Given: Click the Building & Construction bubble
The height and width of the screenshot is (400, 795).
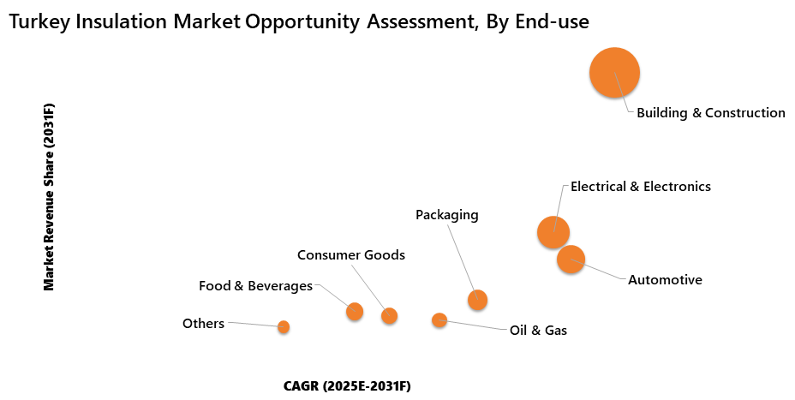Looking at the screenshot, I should click(x=614, y=73).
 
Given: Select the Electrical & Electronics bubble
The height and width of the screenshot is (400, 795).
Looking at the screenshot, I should click(x=553, y=231).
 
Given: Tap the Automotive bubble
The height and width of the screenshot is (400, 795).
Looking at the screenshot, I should click(x=571, y=259).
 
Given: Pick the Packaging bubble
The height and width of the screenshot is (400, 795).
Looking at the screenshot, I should click(x=477, y=299).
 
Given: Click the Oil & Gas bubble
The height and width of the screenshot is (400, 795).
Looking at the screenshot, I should click(x=439, y=319).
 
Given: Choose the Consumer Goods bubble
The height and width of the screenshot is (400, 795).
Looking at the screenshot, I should click(x=389, y=315).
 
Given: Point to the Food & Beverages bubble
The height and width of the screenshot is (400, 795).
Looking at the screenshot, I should click(x=355, y=311).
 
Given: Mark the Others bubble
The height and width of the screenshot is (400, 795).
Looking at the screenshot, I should click(x=284, y=326).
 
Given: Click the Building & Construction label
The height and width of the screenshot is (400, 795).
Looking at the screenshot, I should click(x=710, y=112).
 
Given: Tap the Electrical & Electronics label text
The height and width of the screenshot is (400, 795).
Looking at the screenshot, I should click(x=640, y=186).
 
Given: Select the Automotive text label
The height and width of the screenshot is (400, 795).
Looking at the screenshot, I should click(x=665, y=280).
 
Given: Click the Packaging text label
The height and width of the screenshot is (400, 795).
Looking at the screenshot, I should click(x=446, y=214).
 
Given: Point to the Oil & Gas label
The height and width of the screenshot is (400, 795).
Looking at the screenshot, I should click(x=538, y=330).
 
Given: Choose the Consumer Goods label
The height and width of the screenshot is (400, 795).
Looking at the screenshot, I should click(x=350, y=255).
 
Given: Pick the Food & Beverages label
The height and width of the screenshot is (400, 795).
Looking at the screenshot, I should click(x=255, y=286).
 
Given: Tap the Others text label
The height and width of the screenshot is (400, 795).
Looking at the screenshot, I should click(x=203, y=324).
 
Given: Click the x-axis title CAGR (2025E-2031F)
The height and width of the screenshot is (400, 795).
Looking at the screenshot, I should click(x=347, y=386).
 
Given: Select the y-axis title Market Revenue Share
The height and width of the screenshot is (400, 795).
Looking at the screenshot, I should click(x=49, y=197).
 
